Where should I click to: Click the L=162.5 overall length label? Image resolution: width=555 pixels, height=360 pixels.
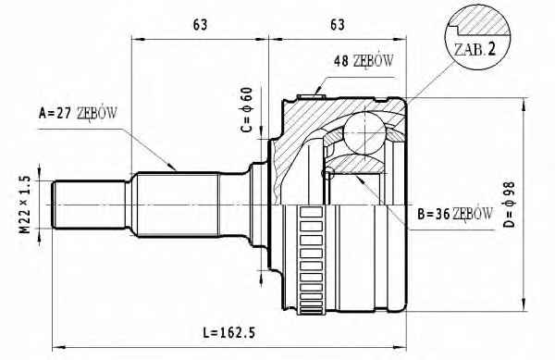[x=228, y=333]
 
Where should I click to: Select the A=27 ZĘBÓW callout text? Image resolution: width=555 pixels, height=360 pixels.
[x=78, y=113]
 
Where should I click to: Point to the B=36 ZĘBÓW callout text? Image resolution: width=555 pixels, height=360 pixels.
[x=455, y=214]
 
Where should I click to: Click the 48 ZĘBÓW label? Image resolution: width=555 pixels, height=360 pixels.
[x=364, y=61]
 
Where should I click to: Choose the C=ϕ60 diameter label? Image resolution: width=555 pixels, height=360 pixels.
[x=247, y=110]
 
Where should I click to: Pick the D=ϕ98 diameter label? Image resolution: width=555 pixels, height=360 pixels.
[x=509, y=205]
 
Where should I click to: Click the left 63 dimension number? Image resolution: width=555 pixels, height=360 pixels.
[x=200, y=25]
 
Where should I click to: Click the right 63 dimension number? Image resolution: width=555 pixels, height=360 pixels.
[x=338, y=25]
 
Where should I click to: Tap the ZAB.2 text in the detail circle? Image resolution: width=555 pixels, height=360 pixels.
[x=475, y=50]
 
